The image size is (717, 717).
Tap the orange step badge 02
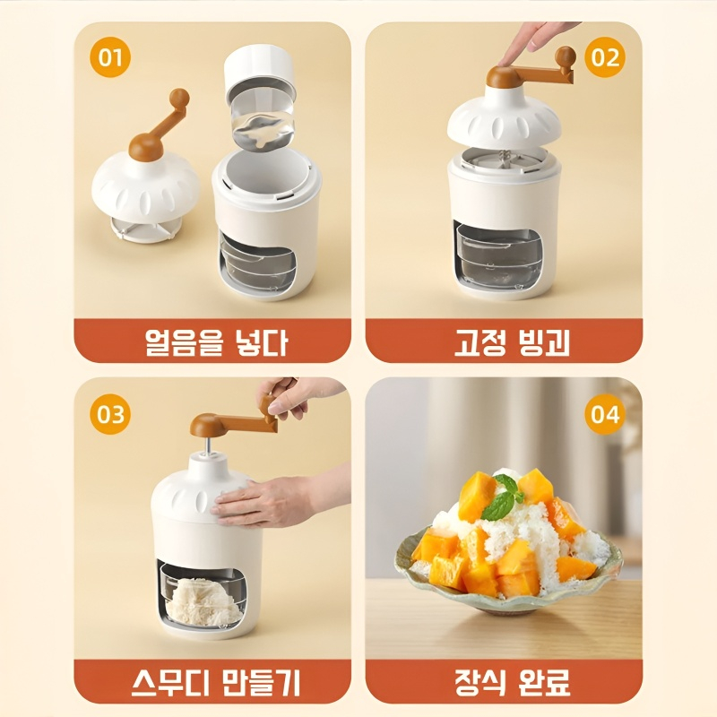[606, 58]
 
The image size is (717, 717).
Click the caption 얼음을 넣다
[212, 341]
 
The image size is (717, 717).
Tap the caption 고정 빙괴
[505, 341]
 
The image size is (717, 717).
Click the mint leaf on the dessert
[503, 500]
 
